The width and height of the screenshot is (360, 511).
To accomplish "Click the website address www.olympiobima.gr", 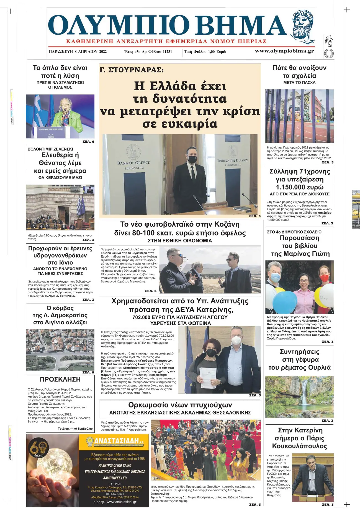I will coord(284,51).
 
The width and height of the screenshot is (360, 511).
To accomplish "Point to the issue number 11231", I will coord(167,51).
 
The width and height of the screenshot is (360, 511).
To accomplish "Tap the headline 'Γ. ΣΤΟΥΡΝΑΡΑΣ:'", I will coord(132,70).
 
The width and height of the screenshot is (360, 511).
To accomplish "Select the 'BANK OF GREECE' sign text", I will coord(133,163).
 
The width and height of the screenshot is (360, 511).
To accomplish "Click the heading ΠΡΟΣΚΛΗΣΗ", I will coord(60,379).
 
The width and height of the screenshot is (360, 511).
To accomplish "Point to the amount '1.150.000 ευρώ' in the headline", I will coord(300,187).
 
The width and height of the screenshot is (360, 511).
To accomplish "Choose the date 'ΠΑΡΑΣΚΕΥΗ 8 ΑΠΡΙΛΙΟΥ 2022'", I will coord(78,51).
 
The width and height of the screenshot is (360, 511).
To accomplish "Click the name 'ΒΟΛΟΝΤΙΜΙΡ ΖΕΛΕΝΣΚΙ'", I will coord(50,149).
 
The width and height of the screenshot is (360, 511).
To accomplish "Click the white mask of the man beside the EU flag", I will coord(236,340).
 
